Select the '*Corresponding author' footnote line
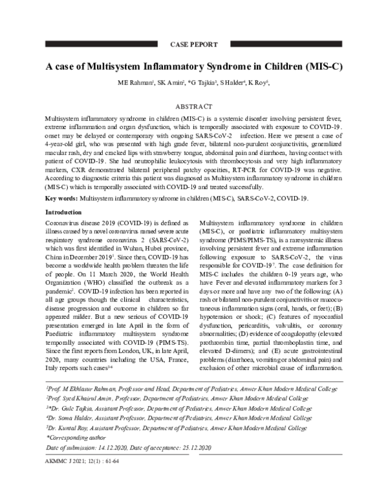tap(76, 436)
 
